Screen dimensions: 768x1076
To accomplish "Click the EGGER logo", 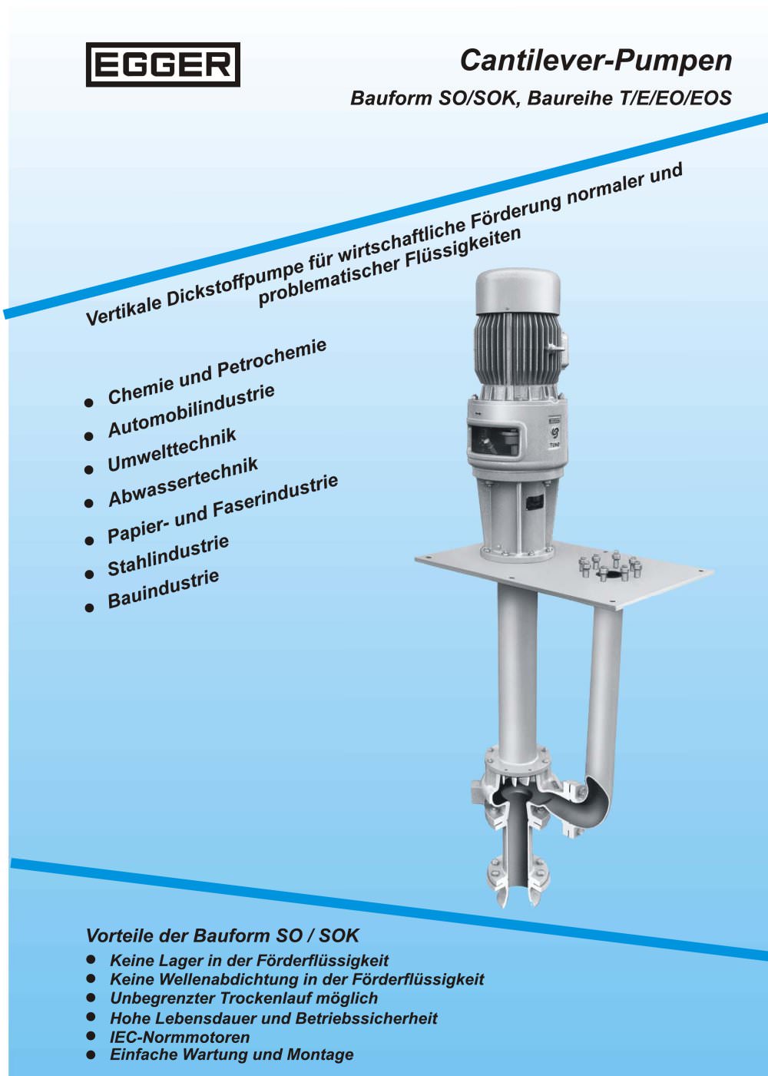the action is [x=163, y=65].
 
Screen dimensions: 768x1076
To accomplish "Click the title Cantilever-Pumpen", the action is [x=596, y=61].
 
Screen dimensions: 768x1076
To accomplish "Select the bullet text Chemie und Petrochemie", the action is [x=217, y=372].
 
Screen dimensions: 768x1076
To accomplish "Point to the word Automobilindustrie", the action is [x=191, y=411].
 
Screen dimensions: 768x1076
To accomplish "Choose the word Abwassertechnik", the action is [x=183, y=482].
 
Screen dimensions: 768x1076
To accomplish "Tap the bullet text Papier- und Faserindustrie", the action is [x=223, y=510].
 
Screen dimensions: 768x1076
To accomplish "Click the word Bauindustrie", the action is [x=164, y=589].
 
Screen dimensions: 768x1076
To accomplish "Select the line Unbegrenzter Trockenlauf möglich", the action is [x=244, y=998].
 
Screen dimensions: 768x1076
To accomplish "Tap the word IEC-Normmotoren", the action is [x=180, y=1037].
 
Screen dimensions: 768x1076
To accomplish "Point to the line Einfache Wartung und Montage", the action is [x=232, y=1054].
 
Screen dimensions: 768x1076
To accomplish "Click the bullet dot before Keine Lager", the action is [x=91, y=959].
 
